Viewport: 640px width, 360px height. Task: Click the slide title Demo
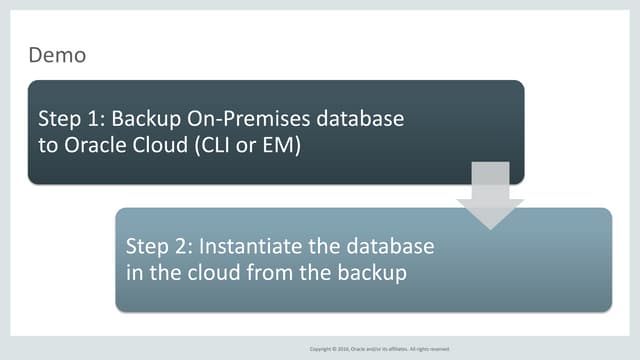tap(57, 56)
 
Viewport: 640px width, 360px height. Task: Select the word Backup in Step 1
tap(142, 119)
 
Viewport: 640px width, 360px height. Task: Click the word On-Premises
tap(244, 119)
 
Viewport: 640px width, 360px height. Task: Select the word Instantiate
tap(250, 246)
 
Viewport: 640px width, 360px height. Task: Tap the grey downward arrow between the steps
tap(489, 196)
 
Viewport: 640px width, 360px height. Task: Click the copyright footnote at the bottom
tap(380, 349)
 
